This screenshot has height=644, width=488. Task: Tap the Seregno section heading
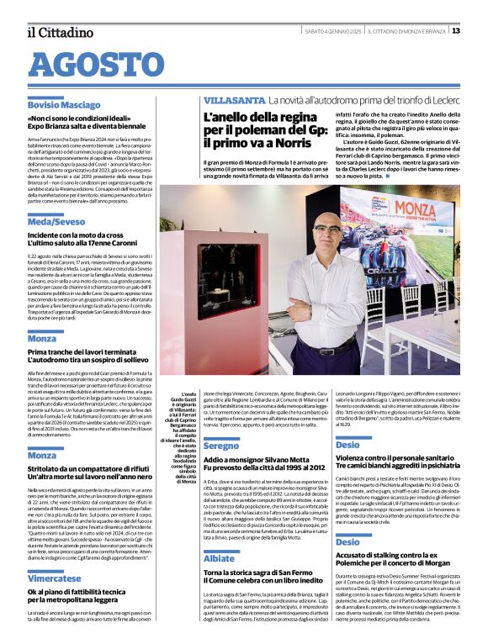coord(221,445)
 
